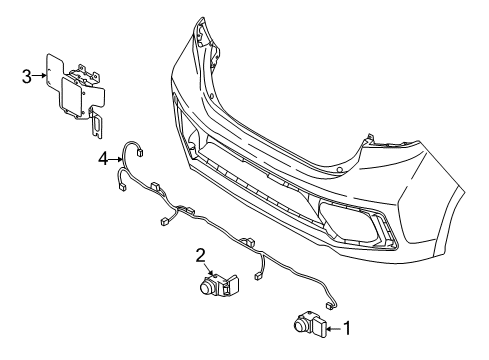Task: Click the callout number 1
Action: click(x=349, y=325)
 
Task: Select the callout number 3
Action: click(x=28, y=73)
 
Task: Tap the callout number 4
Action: click(x=103, y=156)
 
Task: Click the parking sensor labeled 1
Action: click(x=308, y=323)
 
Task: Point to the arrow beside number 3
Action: click(x=42, y=73)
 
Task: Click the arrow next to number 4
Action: click(x=116, y=156)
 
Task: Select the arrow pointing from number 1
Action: click(x=334, y=325)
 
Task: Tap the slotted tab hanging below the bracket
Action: click(x=96, y=125)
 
